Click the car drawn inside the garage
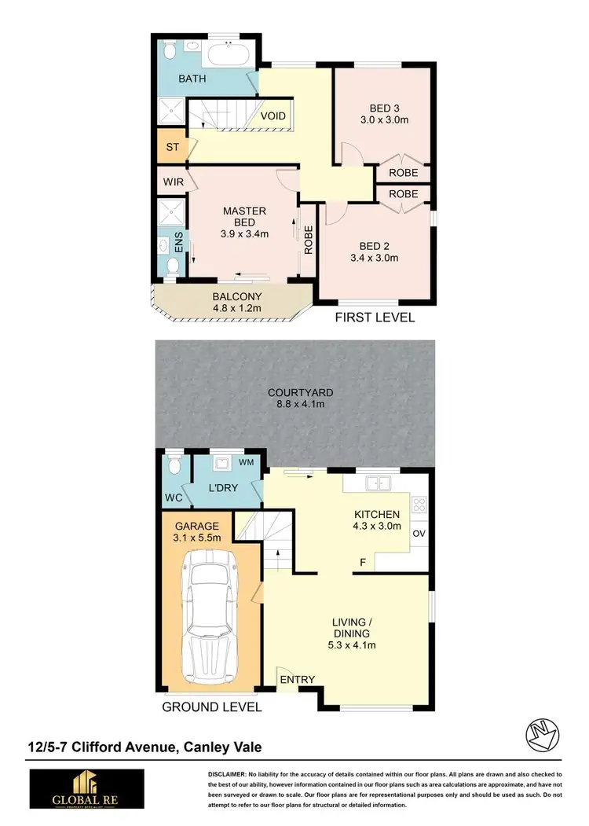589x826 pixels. [x=210, y=618]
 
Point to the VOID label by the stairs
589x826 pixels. [x=273, y=116]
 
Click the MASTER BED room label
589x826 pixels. [x=244, y=217]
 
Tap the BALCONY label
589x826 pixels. [x=236, y=296]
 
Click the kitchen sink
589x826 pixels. [x=379, y=483]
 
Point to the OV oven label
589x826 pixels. [x=419, y=533]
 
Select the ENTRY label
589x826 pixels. [x=297, y=680]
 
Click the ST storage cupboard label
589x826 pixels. [x=171, y=147]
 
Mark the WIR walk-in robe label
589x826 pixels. [x=173, y=182]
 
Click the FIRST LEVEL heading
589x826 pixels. [x=375, y=318]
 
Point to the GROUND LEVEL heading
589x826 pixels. [x=211, y=707]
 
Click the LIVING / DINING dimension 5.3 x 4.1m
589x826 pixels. [x=351, y=645]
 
